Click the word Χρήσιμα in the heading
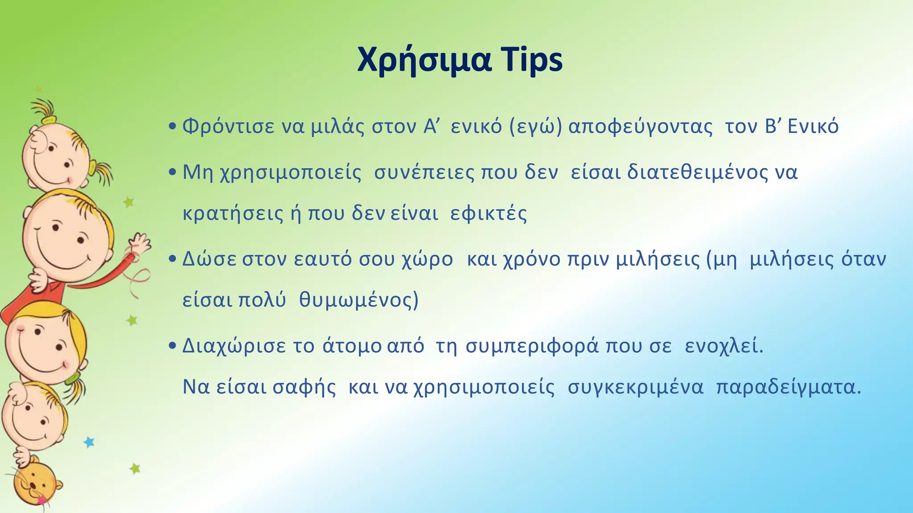[x=424, y=61]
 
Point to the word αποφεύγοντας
[x=641, y=127]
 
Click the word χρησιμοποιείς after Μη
[x=291, y=172]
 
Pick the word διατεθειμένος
[x=698, y=172]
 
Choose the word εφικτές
[x=489, y=214]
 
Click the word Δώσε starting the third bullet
[x=210, y=259]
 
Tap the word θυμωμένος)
[x=359, y=300]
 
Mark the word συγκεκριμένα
[x=635, y=387]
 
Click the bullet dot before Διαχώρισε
[x=173, y=346]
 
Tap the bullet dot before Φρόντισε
[x=173, y=127]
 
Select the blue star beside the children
[x=89, y=442]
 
